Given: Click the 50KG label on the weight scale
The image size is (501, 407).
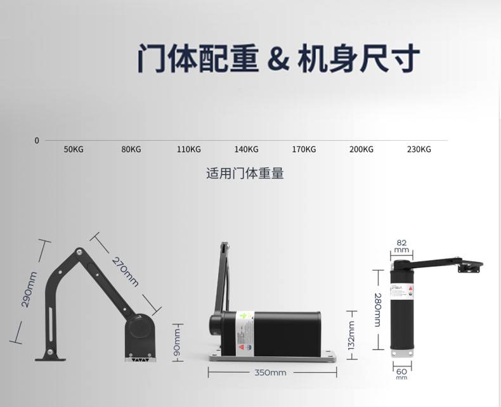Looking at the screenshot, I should [74, 150].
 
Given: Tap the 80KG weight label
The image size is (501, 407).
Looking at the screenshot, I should [131, 150].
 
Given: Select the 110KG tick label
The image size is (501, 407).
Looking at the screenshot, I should [188, 150].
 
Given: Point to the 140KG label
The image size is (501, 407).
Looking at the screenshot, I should [246, 150].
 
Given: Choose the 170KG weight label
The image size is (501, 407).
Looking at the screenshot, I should [304, 150].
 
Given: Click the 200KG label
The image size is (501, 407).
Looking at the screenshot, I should [361, 150].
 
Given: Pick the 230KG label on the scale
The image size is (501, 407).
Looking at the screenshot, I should [419, 150].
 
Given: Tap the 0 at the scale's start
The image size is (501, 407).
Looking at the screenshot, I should [37, 140].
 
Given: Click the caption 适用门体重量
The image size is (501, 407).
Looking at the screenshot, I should [245, 173].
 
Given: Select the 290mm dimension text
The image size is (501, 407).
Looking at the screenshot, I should [30, 288].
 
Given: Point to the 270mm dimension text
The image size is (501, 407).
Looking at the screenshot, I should [125, 271].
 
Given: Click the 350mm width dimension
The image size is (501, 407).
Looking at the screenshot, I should [270, 373].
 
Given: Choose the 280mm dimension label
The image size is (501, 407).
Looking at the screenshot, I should [377, 310].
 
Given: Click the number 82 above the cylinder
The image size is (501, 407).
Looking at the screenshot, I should [401, 242].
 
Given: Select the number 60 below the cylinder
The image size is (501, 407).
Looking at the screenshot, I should [401, 370].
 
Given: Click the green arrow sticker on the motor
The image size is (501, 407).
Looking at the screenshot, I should [242, 315].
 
